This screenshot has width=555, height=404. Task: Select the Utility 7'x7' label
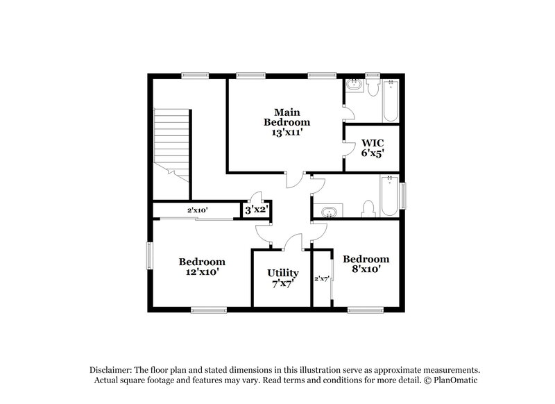283,278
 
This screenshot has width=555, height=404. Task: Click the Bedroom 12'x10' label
202,267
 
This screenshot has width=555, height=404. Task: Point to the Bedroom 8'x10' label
366,264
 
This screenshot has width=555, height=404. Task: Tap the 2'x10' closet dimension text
198,210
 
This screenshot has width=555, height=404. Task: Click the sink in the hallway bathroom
329,211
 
